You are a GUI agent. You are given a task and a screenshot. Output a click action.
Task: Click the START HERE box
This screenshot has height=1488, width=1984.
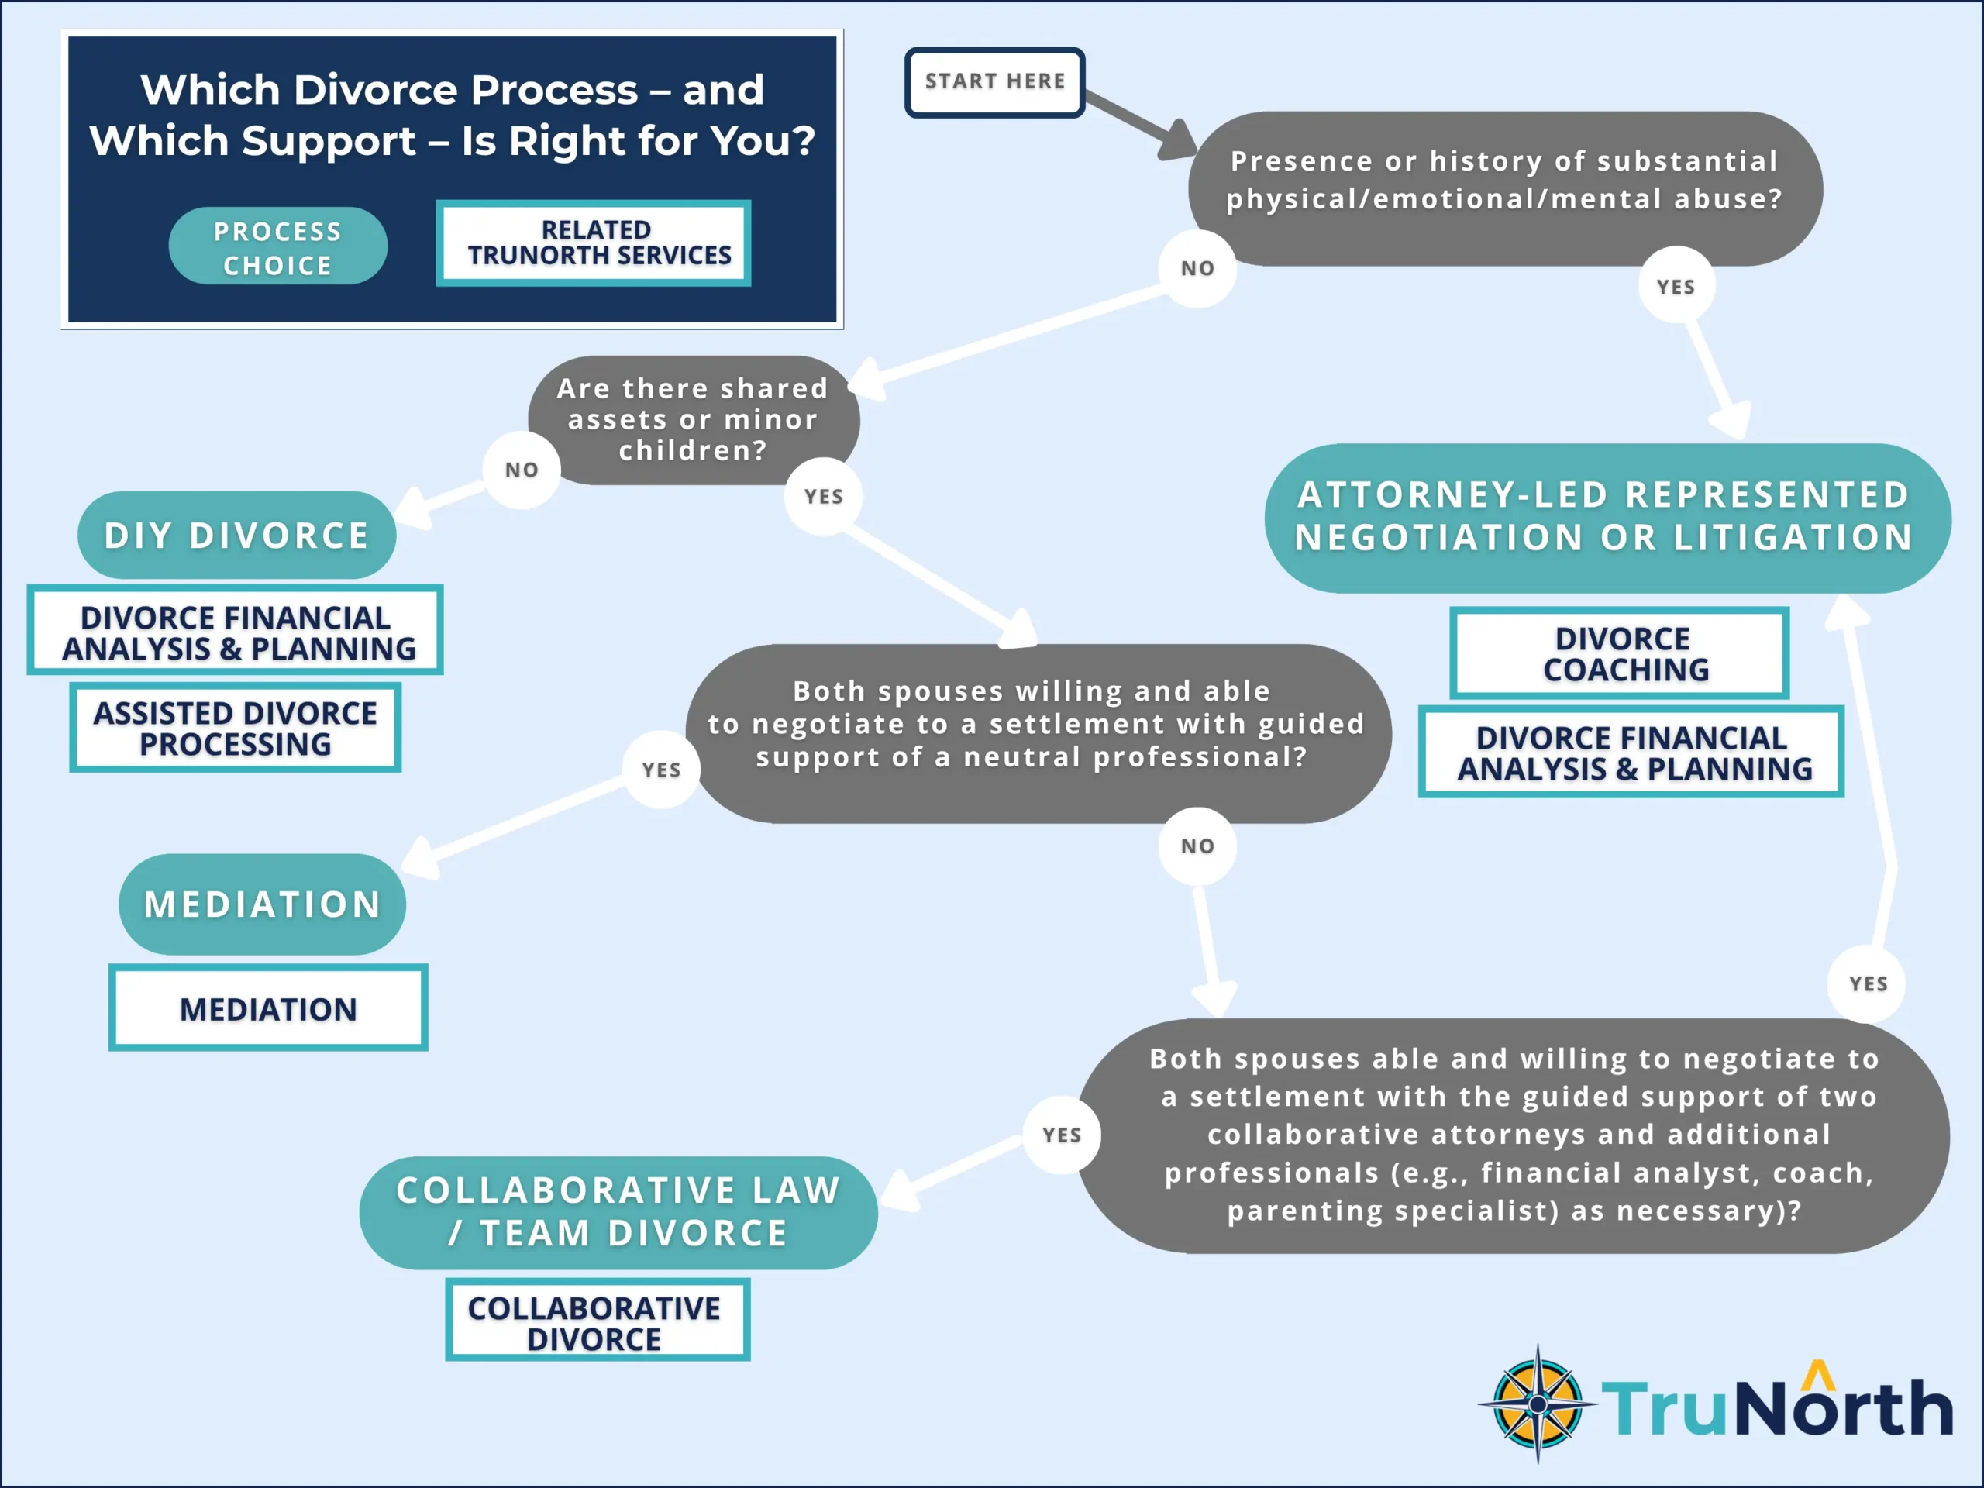click(994, 82)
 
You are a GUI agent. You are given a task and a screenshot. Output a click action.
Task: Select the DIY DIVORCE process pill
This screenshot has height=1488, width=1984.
click(237, 536)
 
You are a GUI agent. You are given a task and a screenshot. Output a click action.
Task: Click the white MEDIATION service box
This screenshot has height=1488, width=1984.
click(268, 1008)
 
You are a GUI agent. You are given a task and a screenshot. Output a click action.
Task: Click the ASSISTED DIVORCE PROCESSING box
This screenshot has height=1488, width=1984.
click(235, 728)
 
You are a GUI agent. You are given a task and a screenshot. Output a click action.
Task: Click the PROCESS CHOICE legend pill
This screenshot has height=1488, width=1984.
click(278, 246)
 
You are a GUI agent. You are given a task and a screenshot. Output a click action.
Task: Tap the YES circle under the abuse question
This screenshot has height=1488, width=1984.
click(1676, 287)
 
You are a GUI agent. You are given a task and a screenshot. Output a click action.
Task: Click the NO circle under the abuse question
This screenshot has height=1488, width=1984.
click(1197, 268)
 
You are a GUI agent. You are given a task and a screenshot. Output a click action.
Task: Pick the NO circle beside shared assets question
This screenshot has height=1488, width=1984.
click(521, 469)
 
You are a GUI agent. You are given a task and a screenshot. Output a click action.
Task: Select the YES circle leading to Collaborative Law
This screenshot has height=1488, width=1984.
click(1062, 1135)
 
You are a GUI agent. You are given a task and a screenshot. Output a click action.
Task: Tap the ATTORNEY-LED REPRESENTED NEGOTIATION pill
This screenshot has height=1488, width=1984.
click(1607, 518)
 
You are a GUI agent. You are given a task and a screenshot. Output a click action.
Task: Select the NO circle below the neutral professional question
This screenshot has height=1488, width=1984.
click(1197, 846)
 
